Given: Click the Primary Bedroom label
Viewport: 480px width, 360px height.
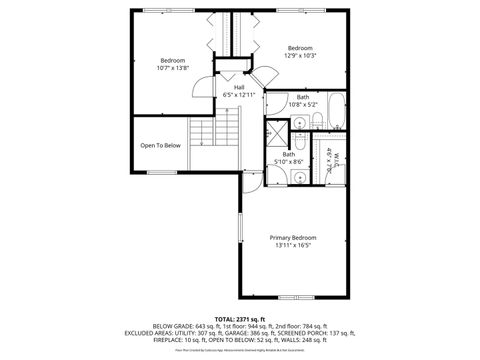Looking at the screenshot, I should [292, 237].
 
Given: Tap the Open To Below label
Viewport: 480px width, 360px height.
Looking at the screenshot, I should [160, 145].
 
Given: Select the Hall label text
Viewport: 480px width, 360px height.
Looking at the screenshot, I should [239, 87].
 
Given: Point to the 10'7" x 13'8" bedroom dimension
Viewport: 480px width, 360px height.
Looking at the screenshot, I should [171, 68].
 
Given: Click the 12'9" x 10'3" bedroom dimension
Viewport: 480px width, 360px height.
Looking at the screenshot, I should [300, 56].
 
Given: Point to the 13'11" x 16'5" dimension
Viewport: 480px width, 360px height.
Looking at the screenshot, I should [292, 245].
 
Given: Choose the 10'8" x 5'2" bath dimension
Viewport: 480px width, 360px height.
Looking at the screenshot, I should [302, 104].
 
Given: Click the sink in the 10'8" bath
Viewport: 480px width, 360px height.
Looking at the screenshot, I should [299, 121].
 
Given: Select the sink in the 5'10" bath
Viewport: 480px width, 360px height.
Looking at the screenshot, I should [299, 177].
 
